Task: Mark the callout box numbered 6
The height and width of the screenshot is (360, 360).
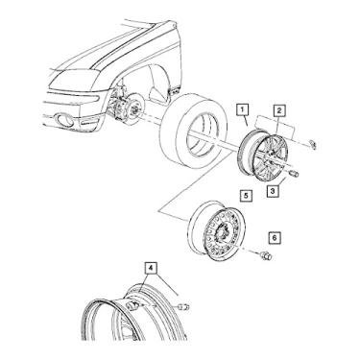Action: click(273, 237)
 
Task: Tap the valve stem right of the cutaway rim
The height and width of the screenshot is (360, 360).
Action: click(186, 307)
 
